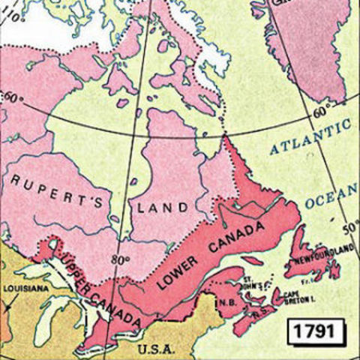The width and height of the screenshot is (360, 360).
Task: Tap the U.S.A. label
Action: pos(156,349)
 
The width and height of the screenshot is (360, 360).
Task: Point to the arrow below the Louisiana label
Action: pos(8,303)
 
